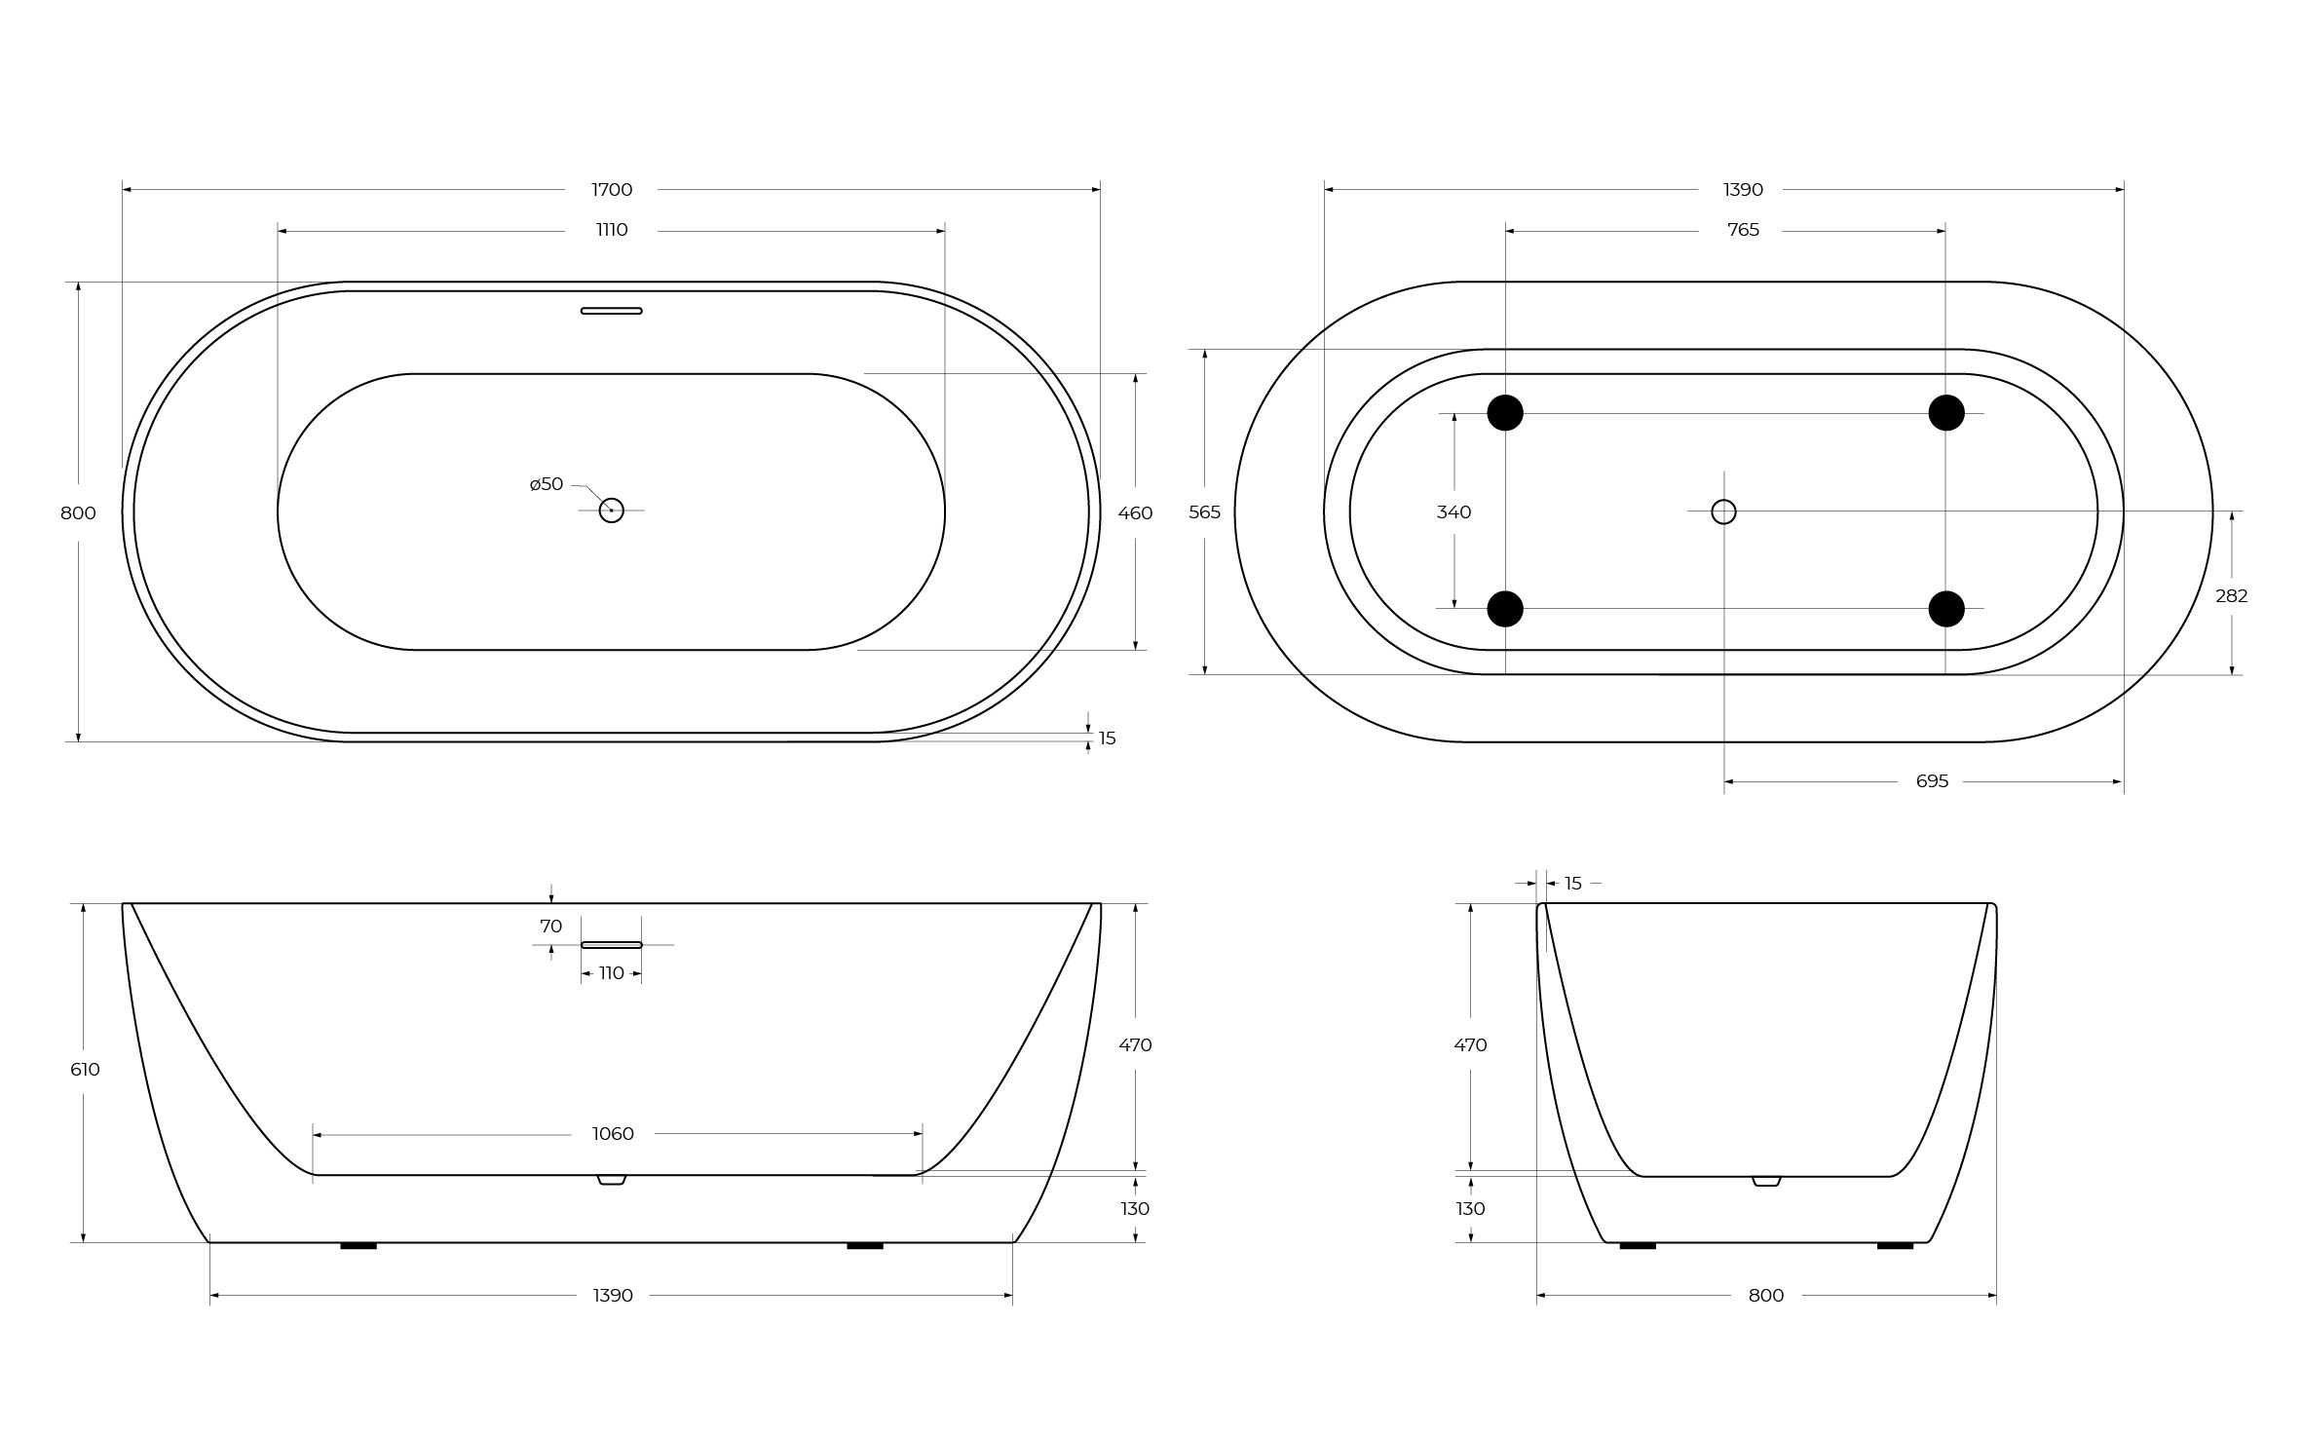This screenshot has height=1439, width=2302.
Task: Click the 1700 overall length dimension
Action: [612, 189]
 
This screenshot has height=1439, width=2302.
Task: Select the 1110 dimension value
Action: [612, 230]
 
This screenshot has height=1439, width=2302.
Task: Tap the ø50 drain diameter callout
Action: [547, 484]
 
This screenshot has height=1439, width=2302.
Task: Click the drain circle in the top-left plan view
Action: [611, 511]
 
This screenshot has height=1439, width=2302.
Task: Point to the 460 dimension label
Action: [1135, 512]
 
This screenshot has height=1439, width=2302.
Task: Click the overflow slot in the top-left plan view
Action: [612, 311]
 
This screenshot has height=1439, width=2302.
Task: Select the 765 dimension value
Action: [1743, 230]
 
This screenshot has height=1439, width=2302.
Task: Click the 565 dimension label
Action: [1204, 512]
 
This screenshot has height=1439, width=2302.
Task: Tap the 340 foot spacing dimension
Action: [1453, 512]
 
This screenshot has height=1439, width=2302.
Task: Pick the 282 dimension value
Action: [2232, 596]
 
